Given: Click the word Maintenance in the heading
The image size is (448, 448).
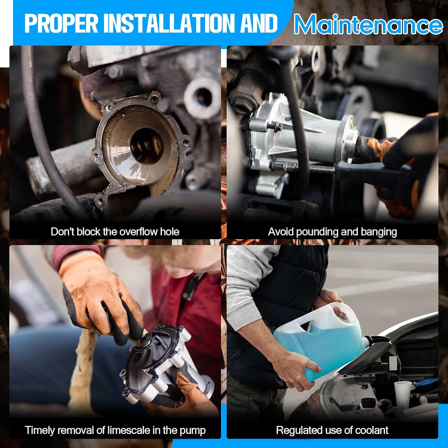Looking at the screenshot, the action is (368, 24).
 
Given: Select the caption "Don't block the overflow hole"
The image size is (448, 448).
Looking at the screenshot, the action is (115, 232).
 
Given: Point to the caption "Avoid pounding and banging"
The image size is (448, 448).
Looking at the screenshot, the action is (332, 232).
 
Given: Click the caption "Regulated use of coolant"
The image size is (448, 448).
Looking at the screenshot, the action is (332, 430).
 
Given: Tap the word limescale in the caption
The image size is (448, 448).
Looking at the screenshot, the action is (129, 430).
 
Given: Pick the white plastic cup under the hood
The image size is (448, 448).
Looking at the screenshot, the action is (403, 394).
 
